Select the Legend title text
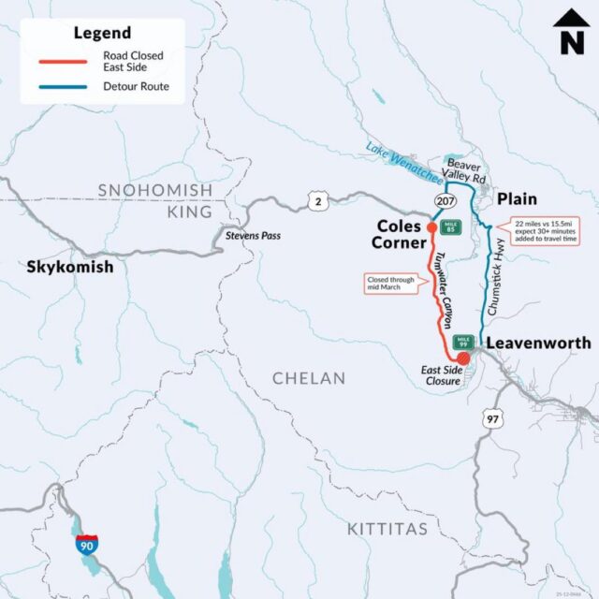[102, 34]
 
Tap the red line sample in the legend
[62, 62]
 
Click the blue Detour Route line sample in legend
[62, 87]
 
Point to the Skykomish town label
[70, 267]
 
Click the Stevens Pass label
[254, 236]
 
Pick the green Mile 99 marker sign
[461, 342]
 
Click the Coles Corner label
[400, 235]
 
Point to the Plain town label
[516, 198]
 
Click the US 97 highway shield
[491, 420]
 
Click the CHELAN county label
[309, 378]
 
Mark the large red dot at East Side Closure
[463, 357]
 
